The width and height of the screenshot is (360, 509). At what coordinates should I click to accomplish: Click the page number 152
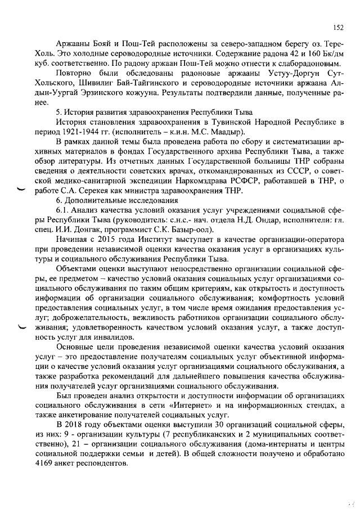(x=337, y=26)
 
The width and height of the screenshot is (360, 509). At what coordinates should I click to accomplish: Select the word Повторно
(x=76, y=74)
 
